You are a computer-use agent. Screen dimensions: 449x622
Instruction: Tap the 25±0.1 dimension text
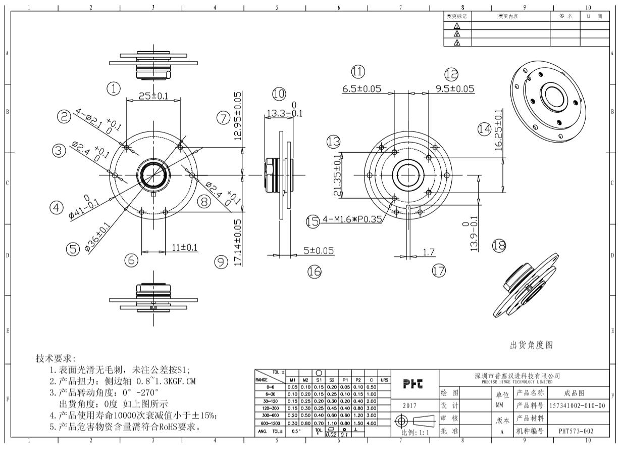click(153, 96)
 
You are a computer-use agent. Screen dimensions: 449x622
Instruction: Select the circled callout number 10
click(279, 94)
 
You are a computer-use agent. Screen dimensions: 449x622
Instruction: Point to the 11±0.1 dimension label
click(185, 247)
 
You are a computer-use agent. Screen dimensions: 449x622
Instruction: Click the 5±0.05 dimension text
click(318, 250)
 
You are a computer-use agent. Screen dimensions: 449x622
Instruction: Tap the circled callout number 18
click(498, 246)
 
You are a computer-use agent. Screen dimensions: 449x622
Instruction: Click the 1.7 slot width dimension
click(429, 251)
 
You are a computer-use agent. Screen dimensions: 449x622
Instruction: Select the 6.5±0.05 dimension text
click(362, 89)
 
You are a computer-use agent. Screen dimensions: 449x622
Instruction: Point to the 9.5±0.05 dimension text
click(454, 89)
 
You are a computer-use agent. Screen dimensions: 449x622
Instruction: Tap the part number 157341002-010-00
click(577, 406)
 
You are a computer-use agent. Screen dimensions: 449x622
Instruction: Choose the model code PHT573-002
click(576, 431)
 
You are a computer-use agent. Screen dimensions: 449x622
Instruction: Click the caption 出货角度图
click(531, 345)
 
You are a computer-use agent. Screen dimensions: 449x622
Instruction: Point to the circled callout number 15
click(313, 221)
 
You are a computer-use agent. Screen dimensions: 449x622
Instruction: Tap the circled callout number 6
click(131, 260)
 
